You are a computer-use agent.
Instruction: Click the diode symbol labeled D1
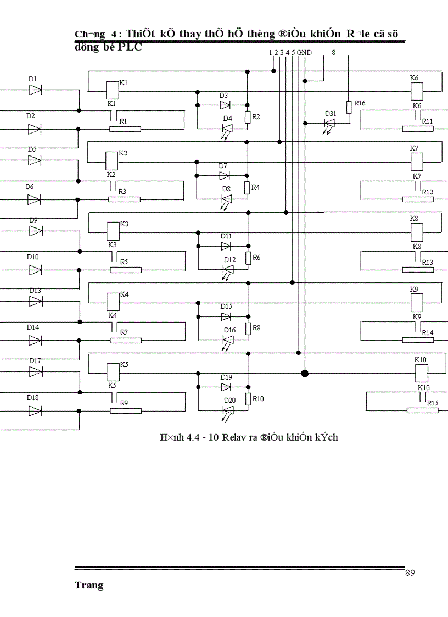36,90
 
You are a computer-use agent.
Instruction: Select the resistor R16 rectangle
349,107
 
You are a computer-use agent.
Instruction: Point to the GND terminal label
305,53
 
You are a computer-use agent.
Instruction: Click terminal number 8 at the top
333,53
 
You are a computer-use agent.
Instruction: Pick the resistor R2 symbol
248,116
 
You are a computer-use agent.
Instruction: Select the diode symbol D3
225,105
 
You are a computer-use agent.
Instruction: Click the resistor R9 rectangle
126,410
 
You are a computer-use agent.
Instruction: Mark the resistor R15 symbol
422,410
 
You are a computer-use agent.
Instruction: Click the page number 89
410,573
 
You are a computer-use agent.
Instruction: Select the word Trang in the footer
89,586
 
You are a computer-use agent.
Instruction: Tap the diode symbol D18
36,410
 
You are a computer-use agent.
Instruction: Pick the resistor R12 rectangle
417,199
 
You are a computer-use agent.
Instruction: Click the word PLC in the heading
130,47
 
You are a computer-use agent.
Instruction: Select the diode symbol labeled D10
36,270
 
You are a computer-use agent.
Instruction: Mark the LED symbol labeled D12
228,269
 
